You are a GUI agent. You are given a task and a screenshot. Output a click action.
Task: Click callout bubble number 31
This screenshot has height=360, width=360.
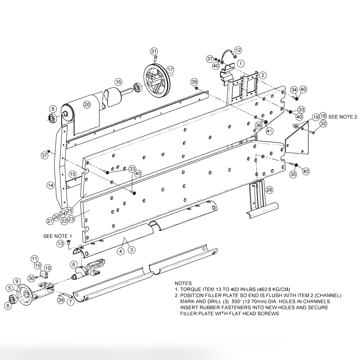click(154, 51)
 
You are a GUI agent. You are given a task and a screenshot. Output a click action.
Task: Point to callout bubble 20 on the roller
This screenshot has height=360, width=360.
click(87, 104)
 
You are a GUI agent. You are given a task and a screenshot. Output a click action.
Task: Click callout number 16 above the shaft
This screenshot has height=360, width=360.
click(119, 82)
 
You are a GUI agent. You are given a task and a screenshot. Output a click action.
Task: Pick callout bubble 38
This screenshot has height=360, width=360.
click(194, 82)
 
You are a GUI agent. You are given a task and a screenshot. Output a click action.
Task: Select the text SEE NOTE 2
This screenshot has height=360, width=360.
click(342, 117)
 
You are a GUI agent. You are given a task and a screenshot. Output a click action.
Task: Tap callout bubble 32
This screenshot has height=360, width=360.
click(323, 124)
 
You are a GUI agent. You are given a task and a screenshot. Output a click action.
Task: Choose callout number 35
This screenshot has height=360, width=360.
click(293, 174)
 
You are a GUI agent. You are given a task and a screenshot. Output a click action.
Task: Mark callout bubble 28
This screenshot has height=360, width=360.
click(270, 190)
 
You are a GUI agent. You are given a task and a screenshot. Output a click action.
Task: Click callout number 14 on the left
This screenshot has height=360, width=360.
click(50, 185)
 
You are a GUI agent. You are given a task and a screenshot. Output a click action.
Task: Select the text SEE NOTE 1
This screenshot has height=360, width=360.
click(58, 236)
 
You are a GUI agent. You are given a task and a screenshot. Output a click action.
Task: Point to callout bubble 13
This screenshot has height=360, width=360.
click(61, 244)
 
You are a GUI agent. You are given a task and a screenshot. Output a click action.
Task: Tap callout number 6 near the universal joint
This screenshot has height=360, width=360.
click(74, 264)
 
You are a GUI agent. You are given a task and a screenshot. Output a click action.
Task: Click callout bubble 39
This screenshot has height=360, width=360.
click(61, 300)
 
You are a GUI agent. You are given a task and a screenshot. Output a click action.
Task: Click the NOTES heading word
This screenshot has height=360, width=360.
click(183, 283)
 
